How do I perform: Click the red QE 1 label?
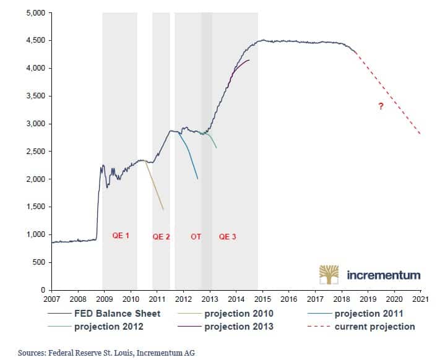point(120,236)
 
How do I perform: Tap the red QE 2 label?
point(161,237)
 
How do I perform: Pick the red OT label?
point(196,237)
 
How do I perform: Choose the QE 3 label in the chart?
point(227,237)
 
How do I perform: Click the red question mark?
point(381,106)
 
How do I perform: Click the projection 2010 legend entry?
point(238,314)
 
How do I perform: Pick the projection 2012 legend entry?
point(114,326)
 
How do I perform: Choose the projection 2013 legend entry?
point(238,326)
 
